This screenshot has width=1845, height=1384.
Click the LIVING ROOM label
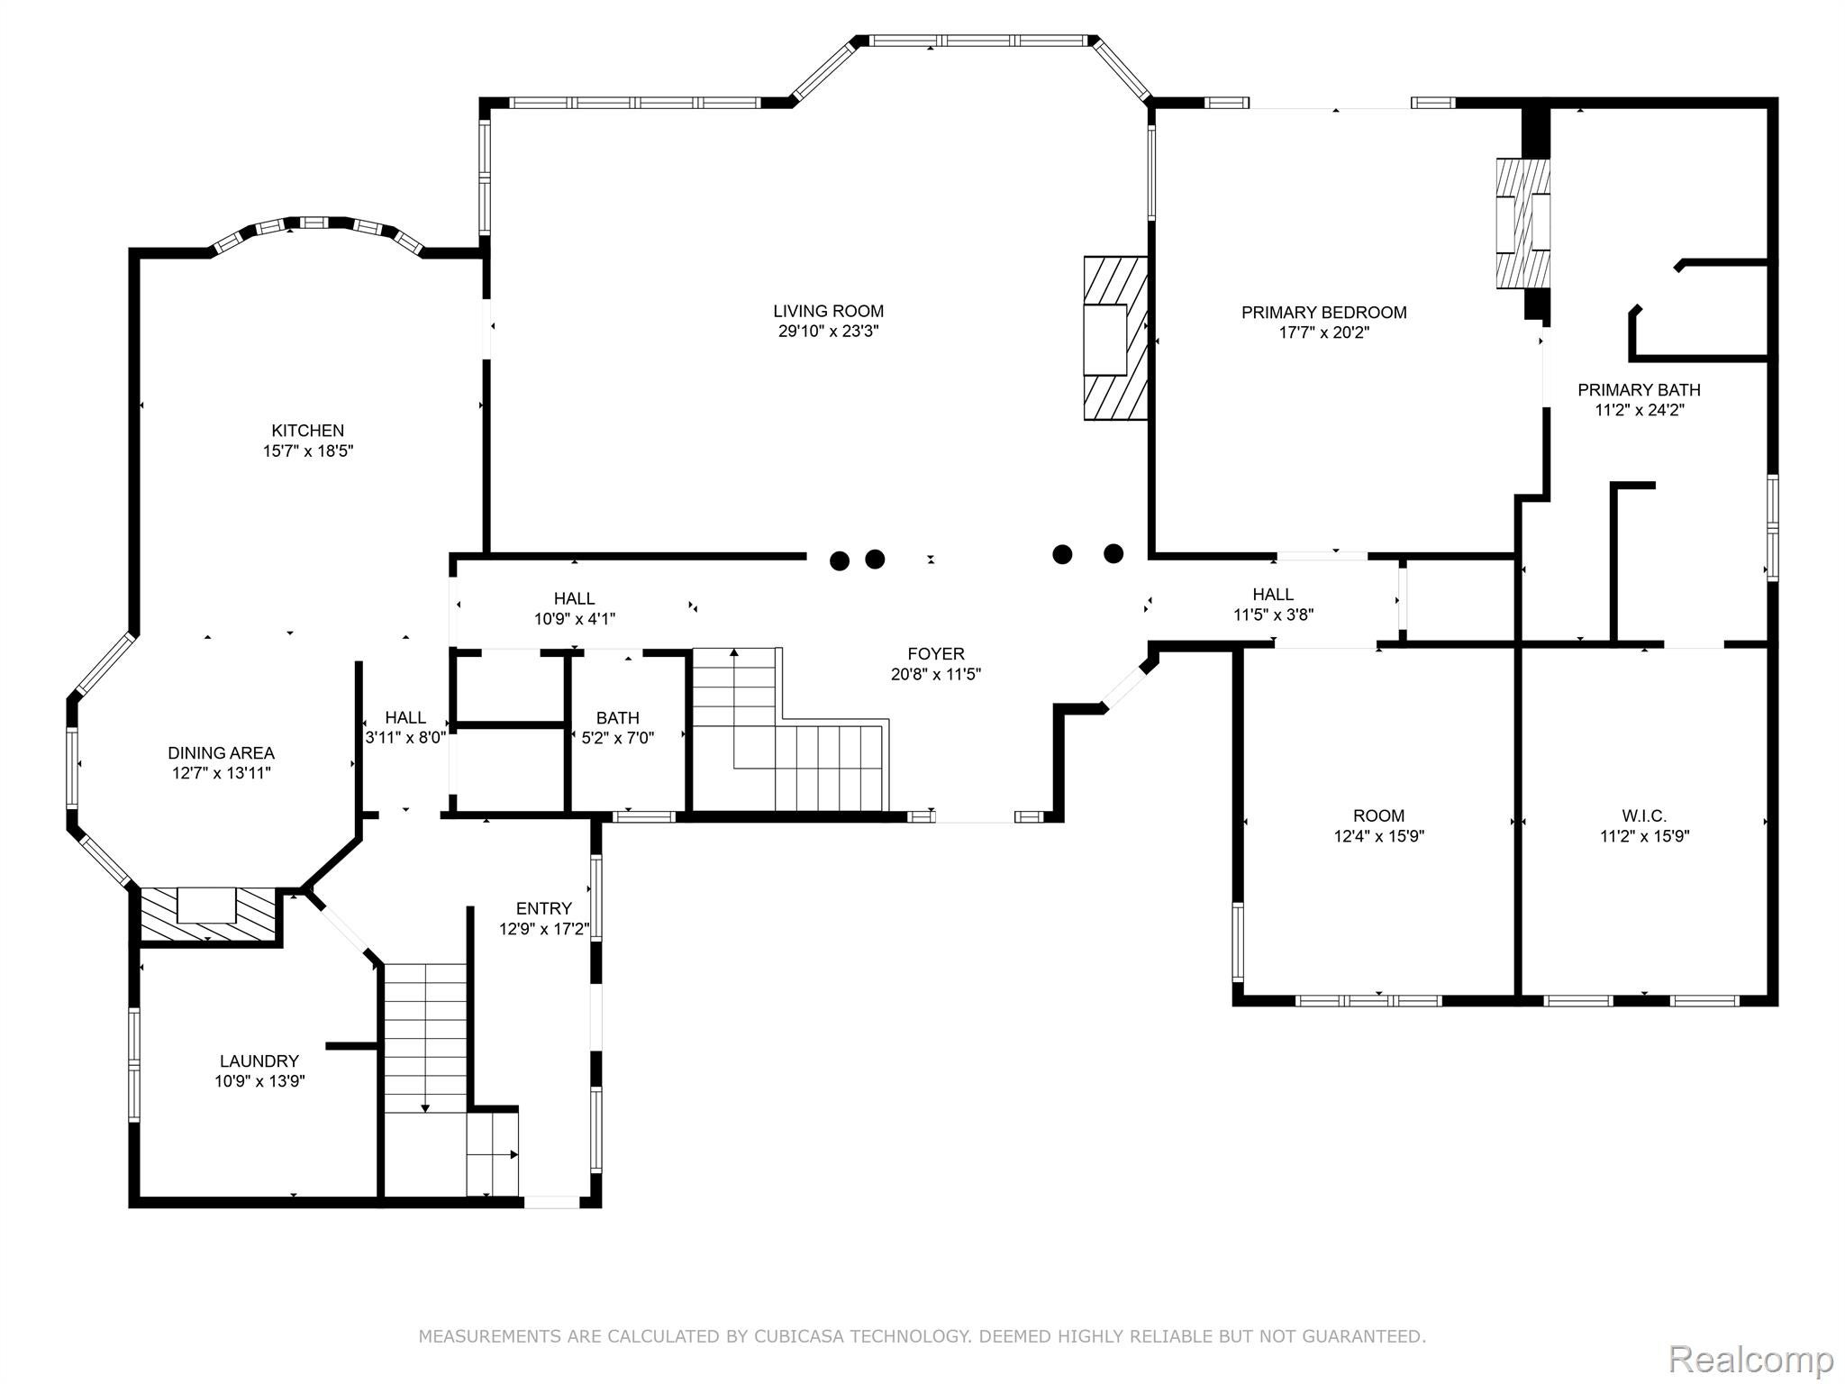tap(828, 312)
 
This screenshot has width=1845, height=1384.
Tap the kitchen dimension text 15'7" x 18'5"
tap(308, 451)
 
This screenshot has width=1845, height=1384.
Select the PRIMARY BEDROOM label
tap(1323, 313)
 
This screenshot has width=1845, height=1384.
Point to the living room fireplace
tap(1114, 339)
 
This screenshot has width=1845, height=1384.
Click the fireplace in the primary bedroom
tap(1522, 223)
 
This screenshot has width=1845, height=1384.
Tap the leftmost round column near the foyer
tap(839, 561)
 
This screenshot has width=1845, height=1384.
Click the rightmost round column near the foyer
tap(1113, 553)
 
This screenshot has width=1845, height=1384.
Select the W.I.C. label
tap(1644, 816)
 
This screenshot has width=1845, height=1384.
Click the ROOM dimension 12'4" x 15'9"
tap(1378, 836)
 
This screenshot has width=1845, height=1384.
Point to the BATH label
tap(617, 718)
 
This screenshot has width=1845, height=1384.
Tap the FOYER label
tap(935, 654)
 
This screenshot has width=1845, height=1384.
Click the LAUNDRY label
tap(259, 1061)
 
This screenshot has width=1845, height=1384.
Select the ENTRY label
tap(543, 908)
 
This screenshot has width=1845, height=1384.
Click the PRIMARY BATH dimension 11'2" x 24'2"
tap(1639, 410)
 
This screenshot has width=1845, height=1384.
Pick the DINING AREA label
tap(221, 753)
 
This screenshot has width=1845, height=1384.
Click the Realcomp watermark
tap(1750, 1359)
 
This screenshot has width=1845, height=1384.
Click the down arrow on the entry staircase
tap(425, 1107)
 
